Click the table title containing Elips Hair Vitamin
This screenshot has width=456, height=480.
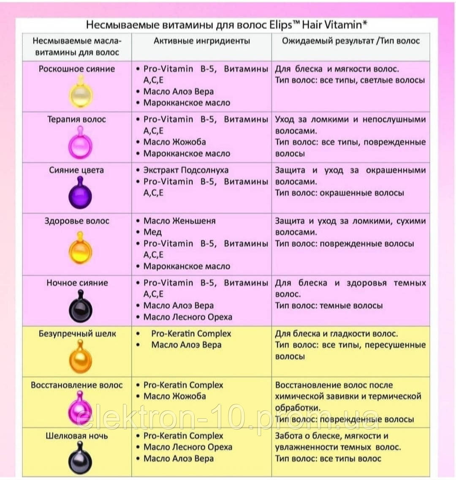[227, 25]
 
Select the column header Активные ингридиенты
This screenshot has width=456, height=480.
[202, 41]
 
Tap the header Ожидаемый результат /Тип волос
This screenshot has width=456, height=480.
[351, 41]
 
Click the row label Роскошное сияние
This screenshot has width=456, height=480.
[77, 69]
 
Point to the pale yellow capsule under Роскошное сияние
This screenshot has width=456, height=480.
[80, 94]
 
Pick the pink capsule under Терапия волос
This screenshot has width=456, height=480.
[80, 144]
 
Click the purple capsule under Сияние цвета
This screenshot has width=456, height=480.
[80, 194]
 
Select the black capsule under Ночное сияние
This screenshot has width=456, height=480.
[80, 308]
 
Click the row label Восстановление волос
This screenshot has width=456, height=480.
[77, 385]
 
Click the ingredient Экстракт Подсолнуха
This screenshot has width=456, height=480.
[186, 170]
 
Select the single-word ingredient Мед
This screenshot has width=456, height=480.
[152, 232]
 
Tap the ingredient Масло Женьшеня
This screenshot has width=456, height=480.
[179, 221]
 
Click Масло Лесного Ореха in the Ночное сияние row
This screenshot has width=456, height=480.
[188, 317]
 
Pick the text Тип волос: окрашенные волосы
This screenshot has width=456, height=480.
[339, 193]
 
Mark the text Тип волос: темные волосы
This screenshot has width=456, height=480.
[329, 305]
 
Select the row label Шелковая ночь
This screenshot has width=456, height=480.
[77, 436]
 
